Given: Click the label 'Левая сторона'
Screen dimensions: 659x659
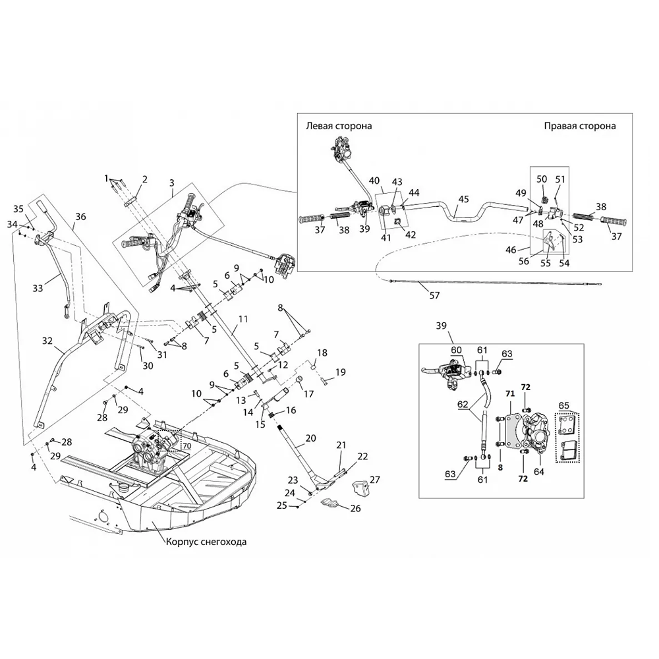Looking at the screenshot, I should [339, 126].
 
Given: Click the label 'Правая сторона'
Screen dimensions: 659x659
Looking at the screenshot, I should [580, 126].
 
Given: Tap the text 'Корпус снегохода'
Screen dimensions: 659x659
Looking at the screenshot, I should [207, 542].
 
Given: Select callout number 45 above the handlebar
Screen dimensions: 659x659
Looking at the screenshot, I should [463, 198].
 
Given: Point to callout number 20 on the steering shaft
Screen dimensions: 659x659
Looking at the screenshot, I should [311, 438].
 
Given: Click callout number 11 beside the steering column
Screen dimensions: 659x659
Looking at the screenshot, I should [243, 318].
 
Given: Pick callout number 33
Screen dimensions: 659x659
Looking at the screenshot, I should [37, 287].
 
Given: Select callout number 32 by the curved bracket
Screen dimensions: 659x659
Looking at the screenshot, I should [47, 341].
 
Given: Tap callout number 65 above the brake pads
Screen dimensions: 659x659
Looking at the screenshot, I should [563, 405].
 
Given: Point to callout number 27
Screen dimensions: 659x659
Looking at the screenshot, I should [374, 479].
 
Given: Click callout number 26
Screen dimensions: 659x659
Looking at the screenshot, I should [355, 508].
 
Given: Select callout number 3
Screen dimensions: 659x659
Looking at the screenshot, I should [171, 183].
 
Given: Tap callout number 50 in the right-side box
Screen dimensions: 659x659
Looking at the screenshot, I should [542, 179].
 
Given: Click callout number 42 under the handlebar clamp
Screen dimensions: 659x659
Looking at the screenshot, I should [410, 234].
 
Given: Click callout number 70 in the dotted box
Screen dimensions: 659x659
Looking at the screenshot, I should [186, 445].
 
